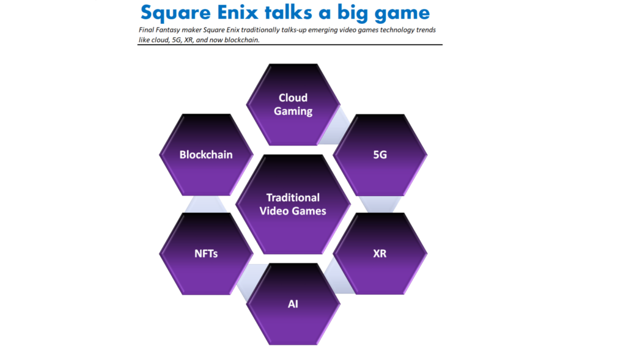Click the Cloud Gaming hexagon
tap(293, 105)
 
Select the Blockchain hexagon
tap(206, 155)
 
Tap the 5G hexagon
tap(380, 155)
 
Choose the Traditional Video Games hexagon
tap(293, 204)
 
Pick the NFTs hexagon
tap(206, 254)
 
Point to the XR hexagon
tap(380, 254)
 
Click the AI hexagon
tap(293, 304)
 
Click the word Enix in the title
tap(238, 12)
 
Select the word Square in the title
tap(175, 13)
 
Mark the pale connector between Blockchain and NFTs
tap(206, 204)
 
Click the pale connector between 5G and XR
tap(380, 204)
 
